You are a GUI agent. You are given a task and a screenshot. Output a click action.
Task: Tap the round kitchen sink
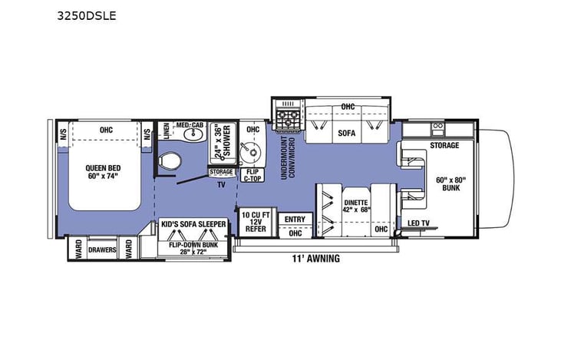pyautogui.click(x=251, y=150)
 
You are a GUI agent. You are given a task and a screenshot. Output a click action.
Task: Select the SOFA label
pyautogui.click(x=348, y=133)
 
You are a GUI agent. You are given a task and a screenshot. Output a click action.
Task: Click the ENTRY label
pyautogui.click(x=295, y=220)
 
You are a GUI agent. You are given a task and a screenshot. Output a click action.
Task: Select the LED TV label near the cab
pyautogui.click(x=419, y=223)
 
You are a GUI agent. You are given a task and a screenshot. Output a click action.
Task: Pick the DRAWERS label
pyautogui.click(x=102, y=250)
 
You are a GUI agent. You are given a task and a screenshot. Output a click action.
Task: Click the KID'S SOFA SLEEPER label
pyautogui.click(x=193, y=224)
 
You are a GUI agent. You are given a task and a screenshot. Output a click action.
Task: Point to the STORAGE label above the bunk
pyautogui.click(x=444, y=145)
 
